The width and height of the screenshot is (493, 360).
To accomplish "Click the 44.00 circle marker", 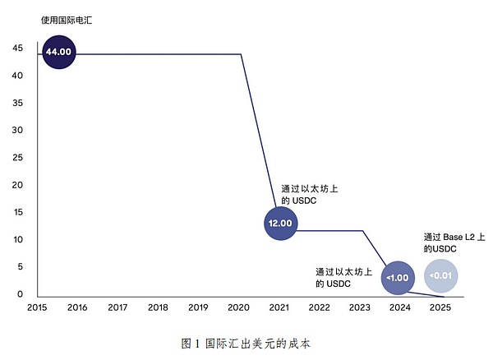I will pyautogui.click(x=59, y=52).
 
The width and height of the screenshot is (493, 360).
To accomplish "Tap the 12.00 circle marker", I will pyautogui.click(x=280, y=223).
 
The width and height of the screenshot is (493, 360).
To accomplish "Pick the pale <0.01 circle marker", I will pyautogui.click(x=440, y=276).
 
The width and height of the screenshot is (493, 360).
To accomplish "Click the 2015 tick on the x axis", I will pyautogui.click(x=37, y=307).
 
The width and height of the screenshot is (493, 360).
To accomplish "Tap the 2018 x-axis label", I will pyautogui.click(x=158, y=307).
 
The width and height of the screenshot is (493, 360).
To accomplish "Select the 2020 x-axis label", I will pyautogui.click(x=238, y=307).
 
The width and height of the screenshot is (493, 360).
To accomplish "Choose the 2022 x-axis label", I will pyautogui.click(x=319, y=307).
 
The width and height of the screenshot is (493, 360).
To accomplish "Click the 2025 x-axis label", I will pyautogui.click(x=440, y=307).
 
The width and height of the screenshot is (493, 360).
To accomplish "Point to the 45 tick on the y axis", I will pyautogui.click(x=17, y=48).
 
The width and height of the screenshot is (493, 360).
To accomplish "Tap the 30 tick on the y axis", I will pyautogui.click(x=17, y=131).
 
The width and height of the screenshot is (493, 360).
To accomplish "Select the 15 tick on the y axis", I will pyautogui.click(x=17, y=212).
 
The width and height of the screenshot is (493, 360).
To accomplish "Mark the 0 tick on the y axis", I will pyautogui.click(x=20, y=293).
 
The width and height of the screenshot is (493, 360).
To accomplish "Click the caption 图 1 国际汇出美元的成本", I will pyautogui.click(x=246, y=342).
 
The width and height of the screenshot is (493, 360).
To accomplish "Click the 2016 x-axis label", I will pyautogui.click(x=77, y=307).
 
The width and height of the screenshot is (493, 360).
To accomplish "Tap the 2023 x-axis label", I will pyautogui.click(x=359, y=307).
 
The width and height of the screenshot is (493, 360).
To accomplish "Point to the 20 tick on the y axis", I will pyautogui.click(x=17, y=185).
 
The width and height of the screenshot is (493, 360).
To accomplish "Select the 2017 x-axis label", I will pyautogui.click(x=117, y=307).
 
